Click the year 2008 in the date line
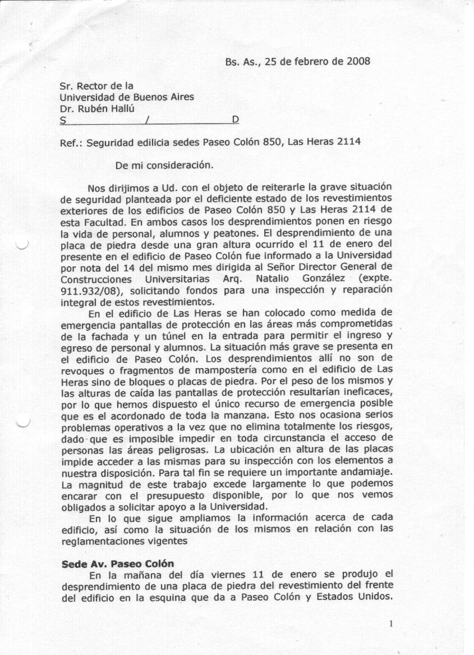[x=357, y=61]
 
